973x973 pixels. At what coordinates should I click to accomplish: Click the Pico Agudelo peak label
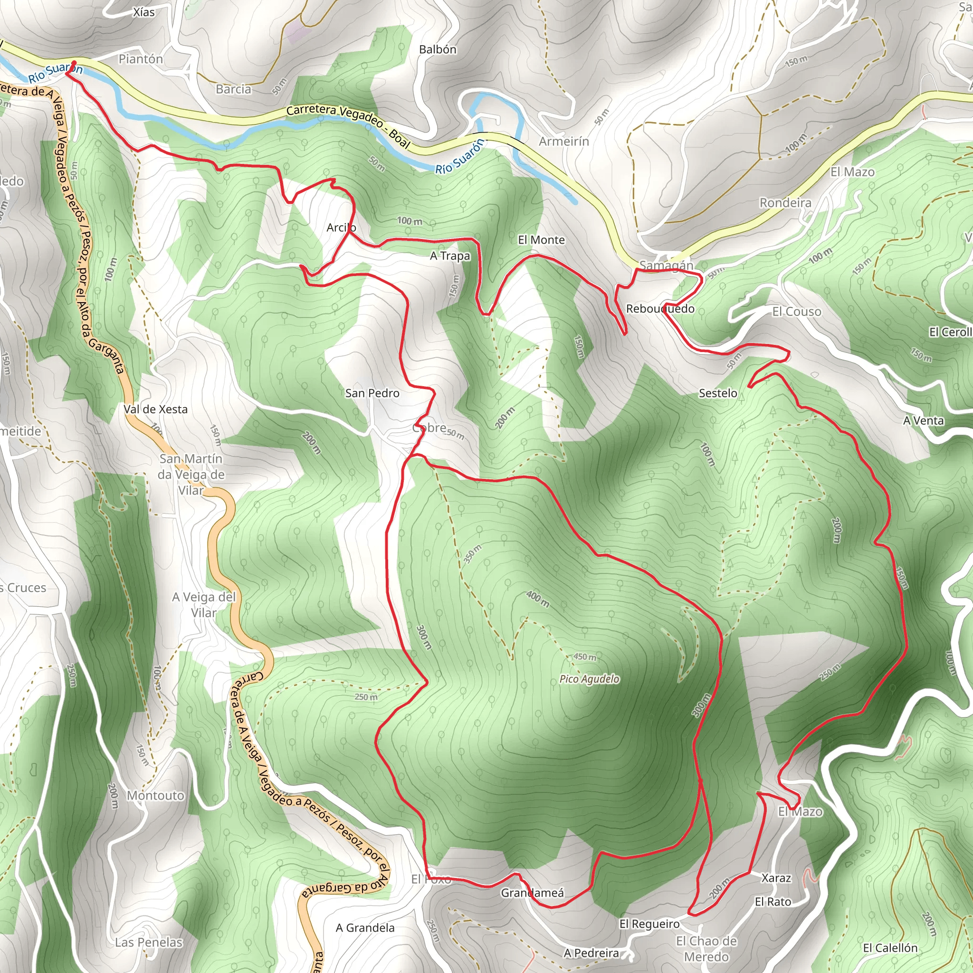coord(589,679)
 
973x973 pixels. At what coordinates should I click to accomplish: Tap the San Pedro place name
coord(372,393)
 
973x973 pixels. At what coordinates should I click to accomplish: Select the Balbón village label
coord(438,49)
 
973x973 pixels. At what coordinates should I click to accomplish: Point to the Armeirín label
coord(563,142)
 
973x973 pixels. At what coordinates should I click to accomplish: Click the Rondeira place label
coord(785,203)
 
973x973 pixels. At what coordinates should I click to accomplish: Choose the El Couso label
coord(797,312)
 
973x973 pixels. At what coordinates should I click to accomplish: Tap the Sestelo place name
coord(718,393)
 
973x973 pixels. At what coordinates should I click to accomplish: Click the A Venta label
coord(923,420)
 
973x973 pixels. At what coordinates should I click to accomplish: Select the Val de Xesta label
coord(156,410)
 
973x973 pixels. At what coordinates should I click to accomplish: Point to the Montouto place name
coord(156,795)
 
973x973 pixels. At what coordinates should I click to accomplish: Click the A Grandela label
coord(365,928)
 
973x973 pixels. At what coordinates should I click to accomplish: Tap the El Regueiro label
coord(649,924)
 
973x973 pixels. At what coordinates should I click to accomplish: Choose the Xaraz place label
coord(776,878)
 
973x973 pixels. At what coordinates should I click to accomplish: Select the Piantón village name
coord(141,59)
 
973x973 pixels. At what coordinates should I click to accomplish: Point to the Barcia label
coord(233,89)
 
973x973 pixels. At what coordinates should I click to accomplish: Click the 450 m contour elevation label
coord(585,657)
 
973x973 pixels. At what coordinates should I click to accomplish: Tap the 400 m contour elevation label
coord(538,599)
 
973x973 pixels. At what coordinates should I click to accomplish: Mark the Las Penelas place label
coord(149,942)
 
